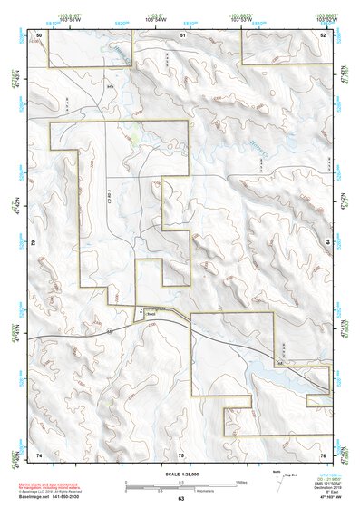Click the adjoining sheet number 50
click(39, 34)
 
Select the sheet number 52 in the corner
click(323, 34)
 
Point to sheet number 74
click(39, 454)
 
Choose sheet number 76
click(323, 454)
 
